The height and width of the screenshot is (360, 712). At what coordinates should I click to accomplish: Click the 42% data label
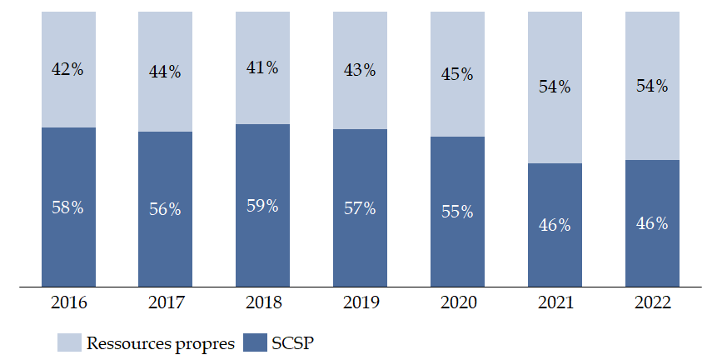(x=67, y=70)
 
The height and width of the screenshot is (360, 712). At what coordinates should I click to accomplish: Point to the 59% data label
(x=262, y=205)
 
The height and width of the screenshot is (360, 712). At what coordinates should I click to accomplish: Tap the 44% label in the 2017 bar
(x=165, y=72)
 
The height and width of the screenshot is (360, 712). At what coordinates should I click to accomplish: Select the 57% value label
(x=360, y=207)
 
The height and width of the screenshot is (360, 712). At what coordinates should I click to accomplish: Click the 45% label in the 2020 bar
(x=457, y=74)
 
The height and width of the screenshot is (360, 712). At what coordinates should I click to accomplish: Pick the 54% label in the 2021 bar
(x=555, y=87)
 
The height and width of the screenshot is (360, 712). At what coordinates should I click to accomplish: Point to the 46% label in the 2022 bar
(x=652, y=223)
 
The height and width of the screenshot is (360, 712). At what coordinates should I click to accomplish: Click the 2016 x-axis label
(x=67, y=302)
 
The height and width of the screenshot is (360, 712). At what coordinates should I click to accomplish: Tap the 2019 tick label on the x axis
(x=360, y=302)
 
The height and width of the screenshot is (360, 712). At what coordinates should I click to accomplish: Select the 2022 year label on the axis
(x=652, y=302)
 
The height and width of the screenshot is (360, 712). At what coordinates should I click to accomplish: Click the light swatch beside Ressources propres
(x=69, y=342)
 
